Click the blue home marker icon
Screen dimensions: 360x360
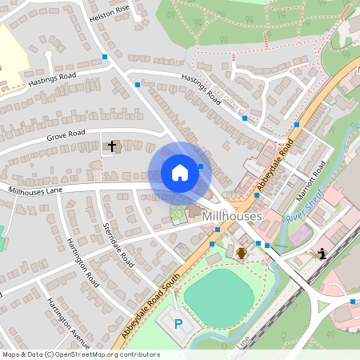click(x=180, y=173)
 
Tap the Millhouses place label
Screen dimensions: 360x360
click(x=233, y=217)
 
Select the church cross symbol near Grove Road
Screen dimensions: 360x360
click(x=112, y=146)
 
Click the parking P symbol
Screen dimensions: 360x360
click(x=178, y=325)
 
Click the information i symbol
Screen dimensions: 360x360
click(x=322, y=254)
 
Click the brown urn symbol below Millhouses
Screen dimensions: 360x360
click(x=241, y=253)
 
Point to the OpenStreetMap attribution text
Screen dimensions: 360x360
click(x=80, y=354)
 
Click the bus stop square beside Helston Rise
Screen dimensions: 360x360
click(x=105, y=57)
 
